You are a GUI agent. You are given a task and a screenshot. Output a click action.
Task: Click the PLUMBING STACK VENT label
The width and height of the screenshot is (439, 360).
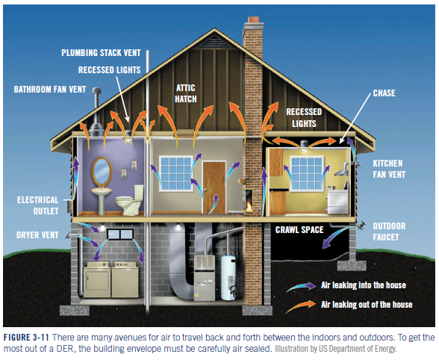click(101, 53)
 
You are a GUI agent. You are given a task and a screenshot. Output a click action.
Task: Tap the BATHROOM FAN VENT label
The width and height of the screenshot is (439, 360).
click(50, 90)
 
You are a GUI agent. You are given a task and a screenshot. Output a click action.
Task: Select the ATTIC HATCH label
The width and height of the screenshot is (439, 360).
click(186, 93)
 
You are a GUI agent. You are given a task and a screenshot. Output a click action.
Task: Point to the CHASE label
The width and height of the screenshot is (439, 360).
click(384, 93)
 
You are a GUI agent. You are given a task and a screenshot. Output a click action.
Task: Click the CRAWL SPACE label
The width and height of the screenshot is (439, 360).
click(299, 230)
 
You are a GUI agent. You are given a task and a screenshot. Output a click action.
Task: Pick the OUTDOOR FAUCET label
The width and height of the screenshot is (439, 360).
click(389, 232)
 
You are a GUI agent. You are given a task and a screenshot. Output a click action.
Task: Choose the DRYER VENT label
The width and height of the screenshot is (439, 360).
click(37, 235)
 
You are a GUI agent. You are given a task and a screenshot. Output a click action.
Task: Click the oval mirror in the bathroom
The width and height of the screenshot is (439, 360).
click(102, 171)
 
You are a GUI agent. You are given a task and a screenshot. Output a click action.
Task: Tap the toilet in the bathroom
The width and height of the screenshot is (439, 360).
click(130, 200)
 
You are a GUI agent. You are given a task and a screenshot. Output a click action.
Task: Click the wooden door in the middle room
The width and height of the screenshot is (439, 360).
click(214, 187)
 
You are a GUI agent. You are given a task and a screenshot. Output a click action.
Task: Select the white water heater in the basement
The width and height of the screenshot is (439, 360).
click(228, 278)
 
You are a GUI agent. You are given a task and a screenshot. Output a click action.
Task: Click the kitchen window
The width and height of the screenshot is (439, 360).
click(307, 174)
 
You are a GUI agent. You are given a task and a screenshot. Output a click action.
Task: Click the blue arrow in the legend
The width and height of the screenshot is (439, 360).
click(302, 287)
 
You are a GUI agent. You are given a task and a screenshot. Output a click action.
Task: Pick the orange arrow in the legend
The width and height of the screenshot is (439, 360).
click(300, 306)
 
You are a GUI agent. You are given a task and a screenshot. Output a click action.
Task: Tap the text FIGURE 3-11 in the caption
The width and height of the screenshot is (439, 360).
click(26, 337)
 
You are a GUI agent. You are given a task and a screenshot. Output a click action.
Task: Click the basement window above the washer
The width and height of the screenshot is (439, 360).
click(121, 235)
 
